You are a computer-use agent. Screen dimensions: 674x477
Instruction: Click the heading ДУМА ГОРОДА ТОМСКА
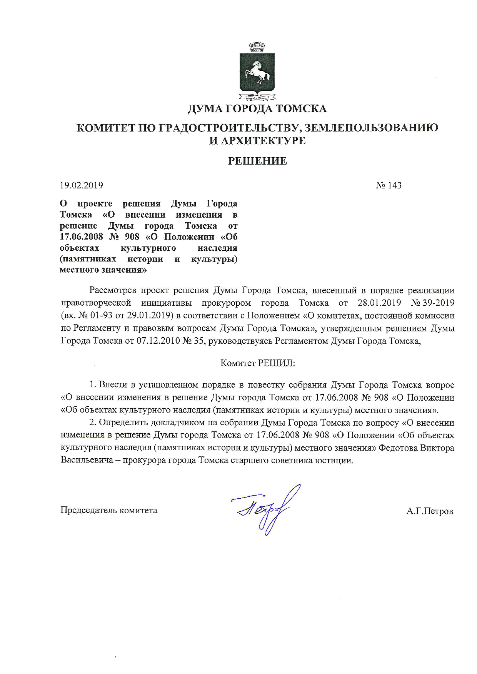257,109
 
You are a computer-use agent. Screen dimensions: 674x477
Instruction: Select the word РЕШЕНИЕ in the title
257,161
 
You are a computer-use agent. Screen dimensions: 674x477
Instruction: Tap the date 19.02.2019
82,185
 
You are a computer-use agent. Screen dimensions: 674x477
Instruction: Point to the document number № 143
389,185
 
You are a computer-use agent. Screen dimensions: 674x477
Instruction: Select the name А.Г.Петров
429,511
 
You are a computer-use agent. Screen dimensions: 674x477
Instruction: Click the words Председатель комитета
109,510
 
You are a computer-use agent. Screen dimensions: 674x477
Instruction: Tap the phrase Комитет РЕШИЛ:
257,363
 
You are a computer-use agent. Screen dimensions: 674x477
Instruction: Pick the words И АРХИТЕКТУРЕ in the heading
257,141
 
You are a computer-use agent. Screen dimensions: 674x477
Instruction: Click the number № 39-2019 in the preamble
433,303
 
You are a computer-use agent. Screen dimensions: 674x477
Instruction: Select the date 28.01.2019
379,303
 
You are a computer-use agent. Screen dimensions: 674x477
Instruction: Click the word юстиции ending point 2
335,460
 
